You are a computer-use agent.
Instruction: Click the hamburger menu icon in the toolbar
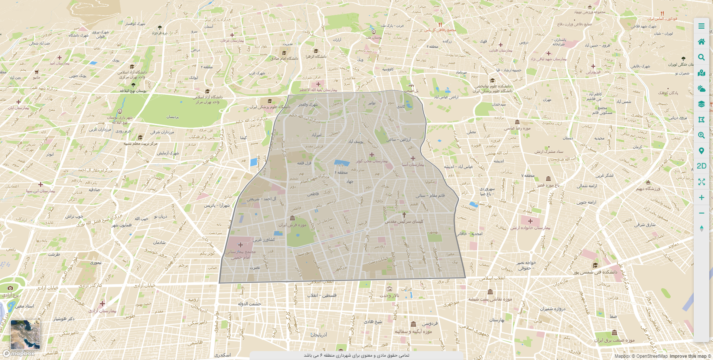pos(701,26)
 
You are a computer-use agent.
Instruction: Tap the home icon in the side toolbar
pos(701,42)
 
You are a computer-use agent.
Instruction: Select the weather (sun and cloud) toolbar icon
pos(701,88)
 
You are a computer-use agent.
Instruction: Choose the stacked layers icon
pos(701,104)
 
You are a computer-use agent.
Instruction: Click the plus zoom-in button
pos(701,198)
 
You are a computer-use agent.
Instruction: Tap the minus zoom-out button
pos(701,213)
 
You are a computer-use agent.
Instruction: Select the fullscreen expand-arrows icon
pos(701,182)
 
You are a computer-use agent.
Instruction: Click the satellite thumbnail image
pos(25,334)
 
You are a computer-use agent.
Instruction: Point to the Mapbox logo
pos(19,353)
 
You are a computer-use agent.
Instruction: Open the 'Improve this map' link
pos(688,356)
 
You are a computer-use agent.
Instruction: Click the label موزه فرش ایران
pos(293,225)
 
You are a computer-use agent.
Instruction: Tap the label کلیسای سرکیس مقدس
pos(404,221)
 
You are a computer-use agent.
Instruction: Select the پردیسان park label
pos(172,117)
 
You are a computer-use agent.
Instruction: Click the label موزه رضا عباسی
pos(517,128)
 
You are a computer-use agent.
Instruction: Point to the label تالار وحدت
pos(389,295)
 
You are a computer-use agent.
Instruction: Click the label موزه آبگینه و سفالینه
pos(413,331)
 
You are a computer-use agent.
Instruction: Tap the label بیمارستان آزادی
pos(102,311)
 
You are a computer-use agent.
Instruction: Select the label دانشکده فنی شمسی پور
pos(595,272)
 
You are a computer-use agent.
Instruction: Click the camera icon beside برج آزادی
pos(10,288)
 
